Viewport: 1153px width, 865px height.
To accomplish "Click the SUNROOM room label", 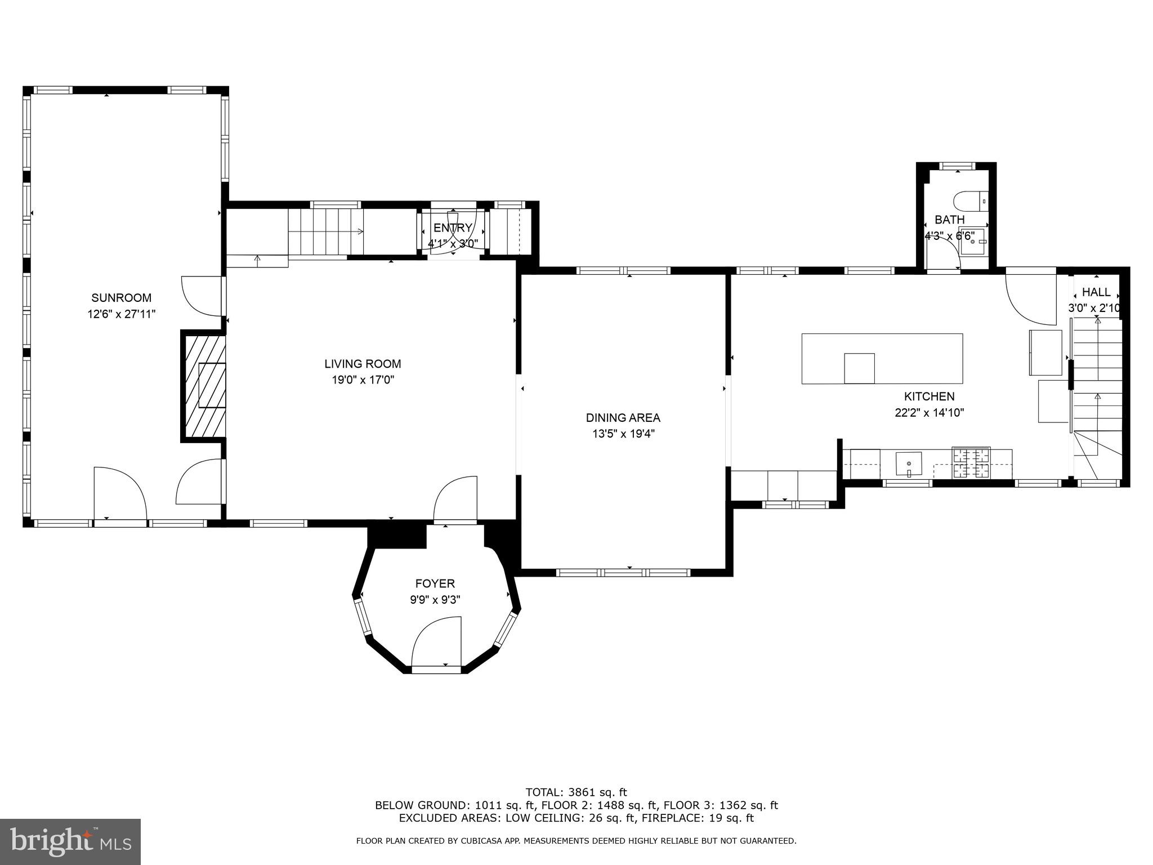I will point(122,298).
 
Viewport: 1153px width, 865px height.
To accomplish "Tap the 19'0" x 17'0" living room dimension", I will point(363,380).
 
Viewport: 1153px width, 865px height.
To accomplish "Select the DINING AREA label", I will point(623,418).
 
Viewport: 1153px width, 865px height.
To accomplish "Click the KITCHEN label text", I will point(929,396).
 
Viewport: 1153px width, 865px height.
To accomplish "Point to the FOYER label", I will point(435,583).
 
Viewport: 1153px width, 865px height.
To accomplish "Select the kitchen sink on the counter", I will point(909,464).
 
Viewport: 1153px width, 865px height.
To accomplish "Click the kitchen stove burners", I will point(971,463).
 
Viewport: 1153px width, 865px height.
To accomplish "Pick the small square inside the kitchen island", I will point(859,368).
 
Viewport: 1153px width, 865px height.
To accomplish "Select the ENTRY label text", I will point(453,228).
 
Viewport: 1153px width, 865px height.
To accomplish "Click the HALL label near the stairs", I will point(1096,292).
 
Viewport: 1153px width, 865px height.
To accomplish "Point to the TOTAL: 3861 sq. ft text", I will point(576,793).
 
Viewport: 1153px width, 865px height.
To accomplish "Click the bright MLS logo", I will point(70,841).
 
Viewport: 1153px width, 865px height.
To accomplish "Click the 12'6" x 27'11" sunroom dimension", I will point(122,314).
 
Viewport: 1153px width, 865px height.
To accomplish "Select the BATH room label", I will point(950,220).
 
